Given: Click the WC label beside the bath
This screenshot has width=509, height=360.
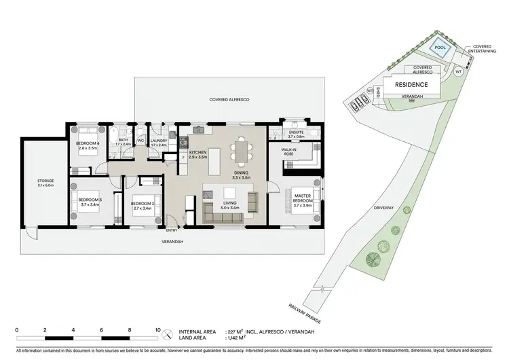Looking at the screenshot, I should click(x=140, y=141).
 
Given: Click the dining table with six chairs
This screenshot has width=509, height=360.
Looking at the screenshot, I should click(x=242, y=151).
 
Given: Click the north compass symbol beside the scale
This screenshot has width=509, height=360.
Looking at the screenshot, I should click(x=168, y=333).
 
